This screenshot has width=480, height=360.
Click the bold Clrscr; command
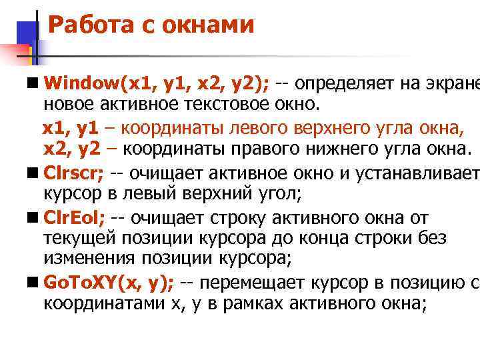[73, 174]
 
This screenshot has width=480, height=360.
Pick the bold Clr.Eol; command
[74, 218]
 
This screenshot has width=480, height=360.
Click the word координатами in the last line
[103, 304]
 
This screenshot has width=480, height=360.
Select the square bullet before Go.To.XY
[33, 283]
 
